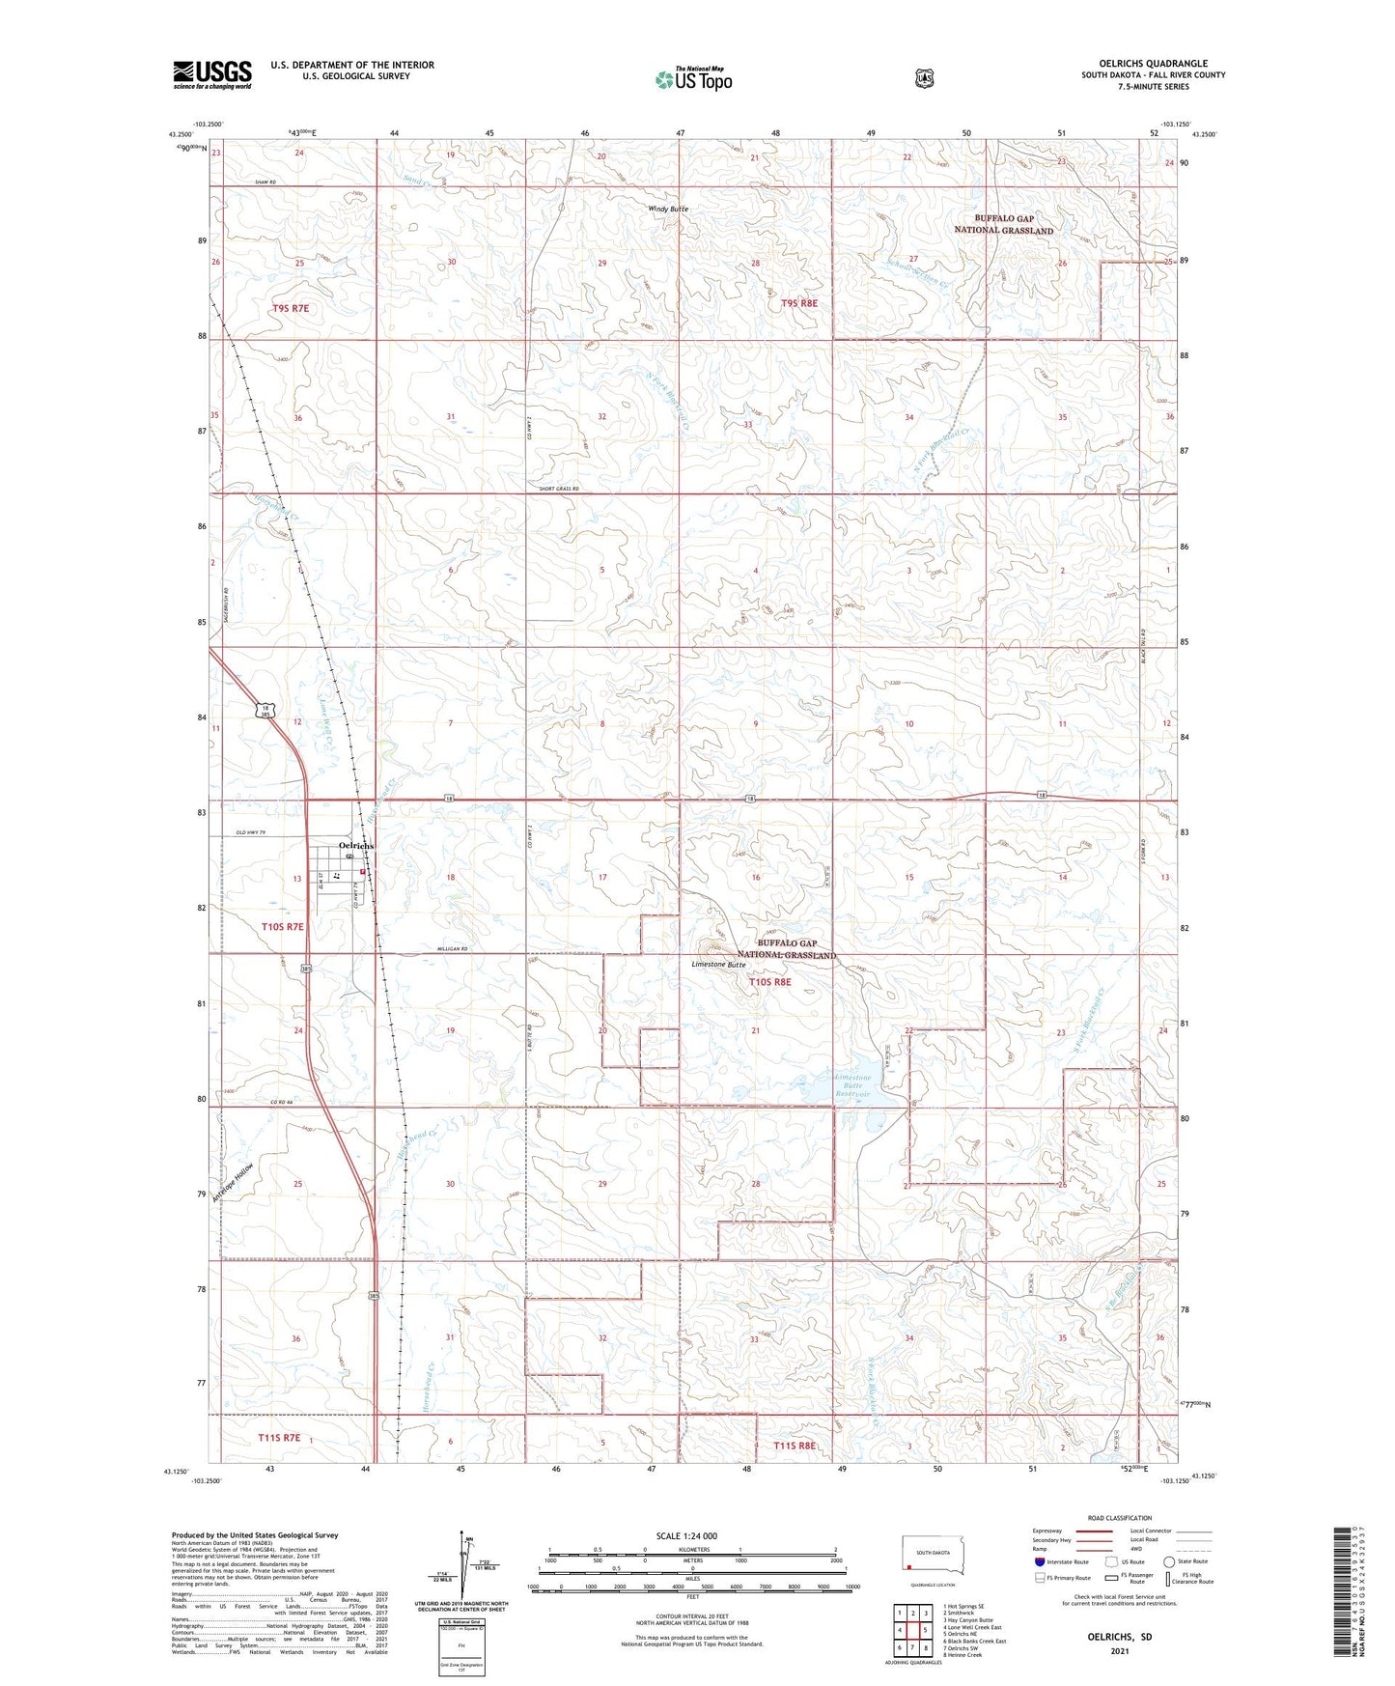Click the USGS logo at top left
point(212,74)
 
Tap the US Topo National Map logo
point(692,79)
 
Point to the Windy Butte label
point(667,209)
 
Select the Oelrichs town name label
point(356,846)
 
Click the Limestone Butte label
point(718,965)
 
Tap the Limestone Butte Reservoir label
point(852,1085)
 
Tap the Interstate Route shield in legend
point(1039,1561)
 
